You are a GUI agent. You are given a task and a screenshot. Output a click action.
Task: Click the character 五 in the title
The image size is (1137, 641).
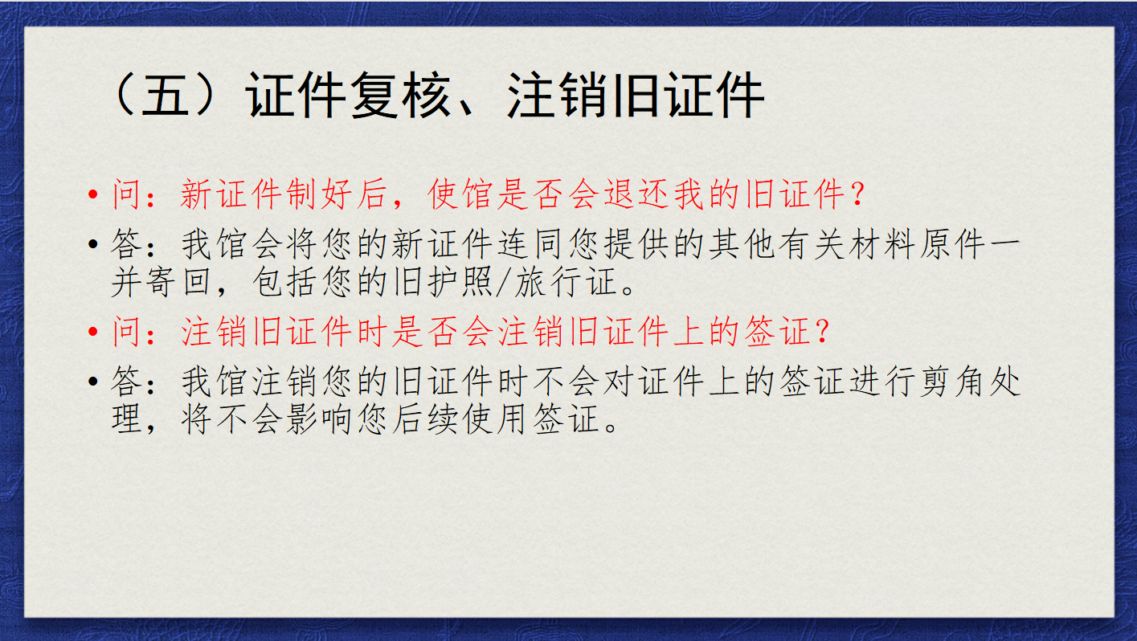coord(163,95)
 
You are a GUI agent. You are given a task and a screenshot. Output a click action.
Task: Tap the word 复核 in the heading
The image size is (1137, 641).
coord(400,95)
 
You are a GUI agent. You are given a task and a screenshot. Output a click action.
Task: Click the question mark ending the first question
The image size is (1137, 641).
coord(858,194)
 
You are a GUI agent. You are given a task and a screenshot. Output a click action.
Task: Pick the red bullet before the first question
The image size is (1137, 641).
coord(93,194)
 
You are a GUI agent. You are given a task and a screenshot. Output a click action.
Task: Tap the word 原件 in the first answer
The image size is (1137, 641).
coord(954,245)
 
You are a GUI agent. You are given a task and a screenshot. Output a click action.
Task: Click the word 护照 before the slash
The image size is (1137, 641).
coord(460,282)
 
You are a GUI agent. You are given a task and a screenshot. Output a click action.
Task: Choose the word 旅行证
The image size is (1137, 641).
coord(566,282)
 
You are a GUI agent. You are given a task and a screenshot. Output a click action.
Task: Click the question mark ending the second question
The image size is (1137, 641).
coord(823,332)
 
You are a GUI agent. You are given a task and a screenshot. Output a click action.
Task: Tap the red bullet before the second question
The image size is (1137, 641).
coord(93,332)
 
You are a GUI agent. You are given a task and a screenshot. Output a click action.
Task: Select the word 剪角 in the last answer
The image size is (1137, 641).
coord(954,382)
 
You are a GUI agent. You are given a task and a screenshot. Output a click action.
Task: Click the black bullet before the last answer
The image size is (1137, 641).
coord(93,382)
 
